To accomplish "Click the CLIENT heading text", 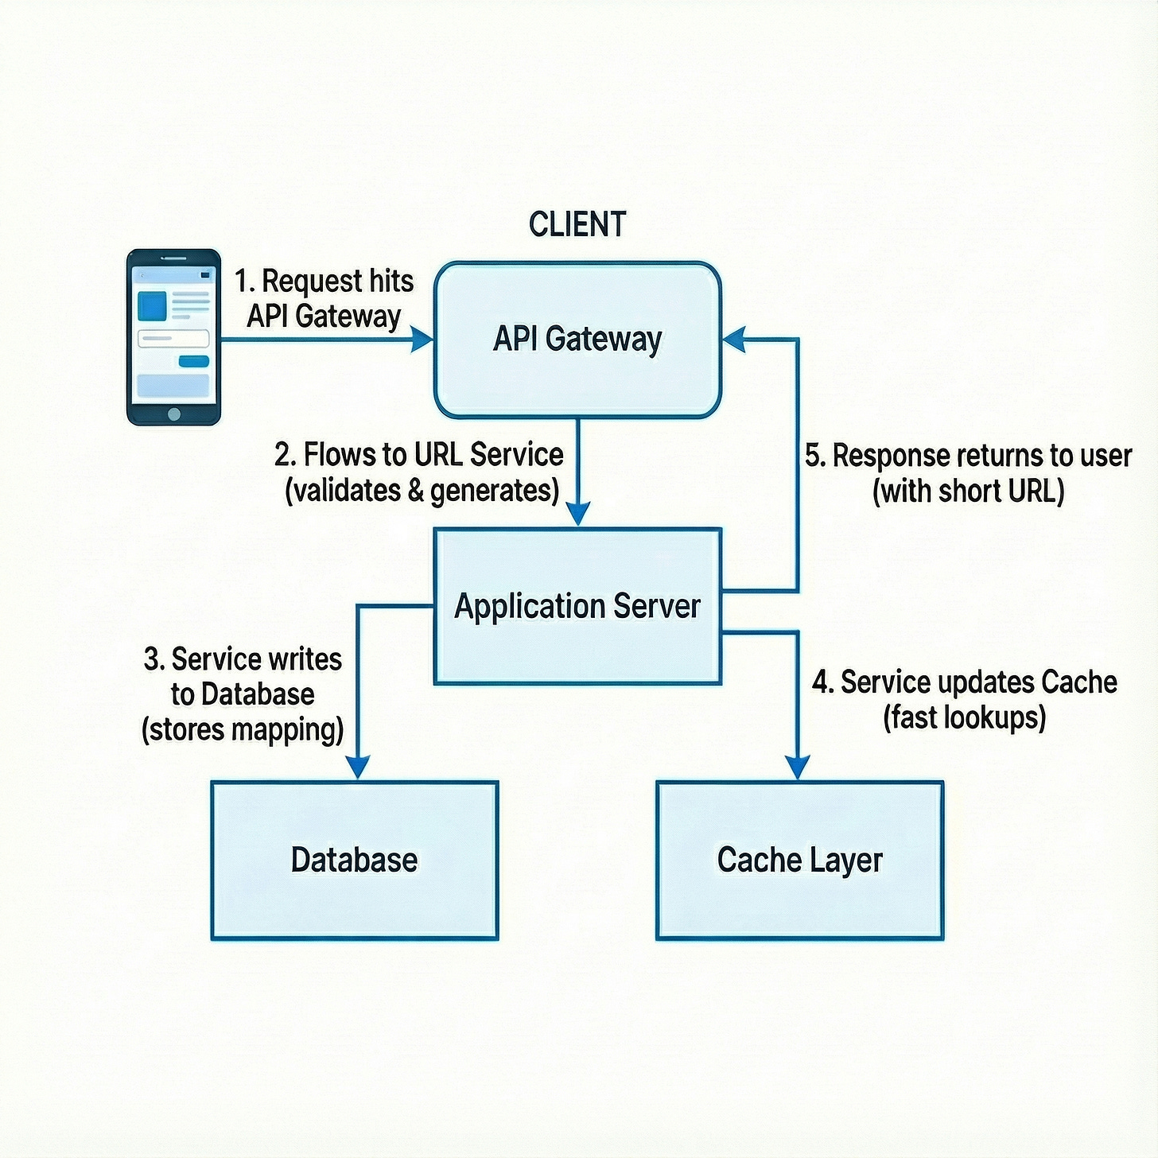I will click(577, 224).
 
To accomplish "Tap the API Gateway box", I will click(577, 340).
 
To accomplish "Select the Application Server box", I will click(577, 606).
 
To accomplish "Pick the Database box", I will click(355, 860).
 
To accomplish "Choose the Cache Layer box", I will click(799, 860).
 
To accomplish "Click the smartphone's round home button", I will click(174, 414).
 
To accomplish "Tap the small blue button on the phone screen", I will click(193, 362).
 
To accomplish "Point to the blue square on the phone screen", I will click(152, 305).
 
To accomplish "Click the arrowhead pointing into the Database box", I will click(358, 767).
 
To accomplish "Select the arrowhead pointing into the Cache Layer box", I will click(797, 767).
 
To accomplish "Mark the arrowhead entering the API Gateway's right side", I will click(733, 340).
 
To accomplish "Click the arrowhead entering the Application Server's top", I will click(578, 513).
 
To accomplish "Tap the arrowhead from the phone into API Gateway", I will click(422, 340).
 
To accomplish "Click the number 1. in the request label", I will click(244, 282).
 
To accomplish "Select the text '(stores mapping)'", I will click(243, 729).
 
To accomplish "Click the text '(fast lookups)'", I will click(964, 717).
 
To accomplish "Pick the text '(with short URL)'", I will click(968, 491).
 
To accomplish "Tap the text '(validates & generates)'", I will click(422, 491).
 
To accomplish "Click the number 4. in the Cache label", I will click(822, 682).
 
